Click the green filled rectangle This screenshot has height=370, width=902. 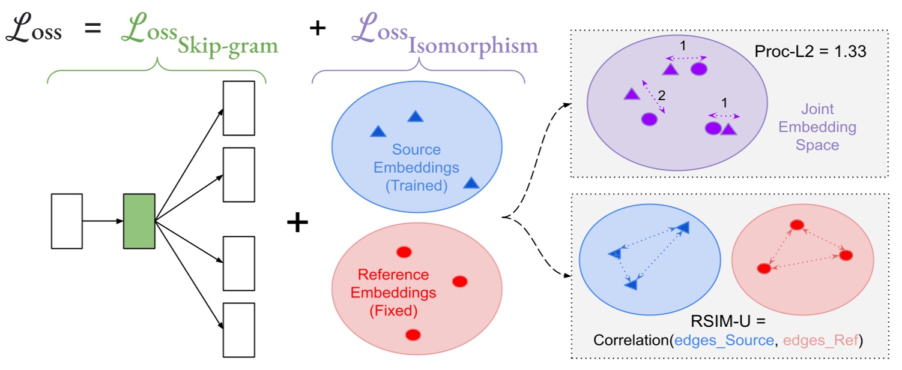point(139,221)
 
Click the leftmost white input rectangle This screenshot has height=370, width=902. point(67,221)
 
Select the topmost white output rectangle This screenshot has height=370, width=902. point(239,108)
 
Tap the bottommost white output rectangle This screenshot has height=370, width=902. point(239,329)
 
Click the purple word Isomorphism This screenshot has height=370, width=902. point(473,46)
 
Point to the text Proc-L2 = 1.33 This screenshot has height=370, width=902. point(810,52)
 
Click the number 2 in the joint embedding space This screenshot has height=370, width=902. point(662,95)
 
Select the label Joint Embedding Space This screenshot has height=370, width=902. point(828,127)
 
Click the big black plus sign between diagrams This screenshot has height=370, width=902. point(297,223)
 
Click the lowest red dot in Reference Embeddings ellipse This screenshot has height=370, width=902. point(412,334)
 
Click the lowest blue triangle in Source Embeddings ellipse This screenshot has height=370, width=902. point(471,183)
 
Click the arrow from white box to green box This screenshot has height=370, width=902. point(103,221)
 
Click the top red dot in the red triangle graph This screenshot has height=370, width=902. point(797,225)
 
